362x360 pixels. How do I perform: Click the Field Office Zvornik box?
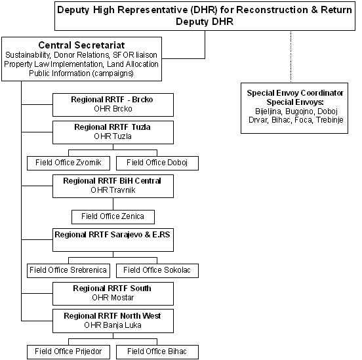click(x=68, y=163)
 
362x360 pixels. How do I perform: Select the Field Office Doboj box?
click(x=157, y=163)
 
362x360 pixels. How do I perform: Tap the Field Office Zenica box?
click(x=113, y=217)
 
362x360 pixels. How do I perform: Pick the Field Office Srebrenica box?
click(x=68, y=271)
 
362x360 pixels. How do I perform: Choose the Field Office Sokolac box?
click(x=157, y=271)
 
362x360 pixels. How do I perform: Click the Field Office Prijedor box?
click(x=68, y=352)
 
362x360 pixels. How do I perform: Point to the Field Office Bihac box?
click(x=157, y=352)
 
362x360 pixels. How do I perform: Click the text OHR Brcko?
click(x=113, y=109)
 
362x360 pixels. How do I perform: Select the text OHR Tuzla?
click(x=113, y=136)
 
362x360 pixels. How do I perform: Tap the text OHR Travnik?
click(x=113, y=190)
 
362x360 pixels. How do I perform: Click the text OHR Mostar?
click(x=113, y=298)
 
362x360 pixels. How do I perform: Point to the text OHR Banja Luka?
click(x=113, y=325)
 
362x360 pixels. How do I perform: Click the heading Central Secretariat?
click(x=81, y=45)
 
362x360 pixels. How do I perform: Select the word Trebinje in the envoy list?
click(x=330, y=120)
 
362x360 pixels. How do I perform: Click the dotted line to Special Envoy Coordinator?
click(x=291, y=56)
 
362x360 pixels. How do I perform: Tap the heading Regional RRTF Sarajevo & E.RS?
click(x=112, y=235)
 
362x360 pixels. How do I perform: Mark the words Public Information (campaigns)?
click(x=81, y=73)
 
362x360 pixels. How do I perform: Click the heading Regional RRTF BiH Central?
click(x=112, y=181)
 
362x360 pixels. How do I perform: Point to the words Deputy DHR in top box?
click(x=205, y=22)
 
